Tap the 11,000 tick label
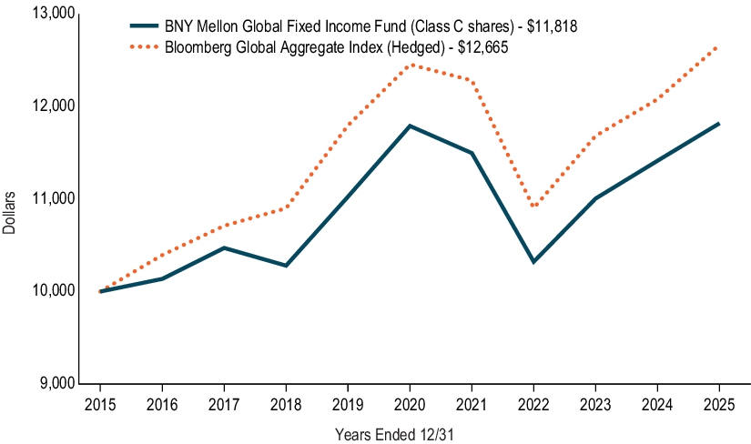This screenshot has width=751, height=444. tap(50, 198)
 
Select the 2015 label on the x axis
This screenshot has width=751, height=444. tap(99, 401)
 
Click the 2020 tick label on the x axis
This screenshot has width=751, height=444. tap(410, 401)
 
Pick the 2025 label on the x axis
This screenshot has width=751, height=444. tap(720, 401)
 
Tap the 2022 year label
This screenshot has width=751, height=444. tap(533, 401)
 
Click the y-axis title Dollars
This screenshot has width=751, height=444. tap(10, 212)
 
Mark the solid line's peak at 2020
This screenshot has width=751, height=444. tap(410, 126)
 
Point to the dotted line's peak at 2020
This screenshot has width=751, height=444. tap(410, 65)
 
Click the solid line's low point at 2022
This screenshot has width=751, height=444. tap(533, 262)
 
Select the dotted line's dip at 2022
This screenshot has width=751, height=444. tap(533, 207)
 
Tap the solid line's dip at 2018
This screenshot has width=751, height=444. tap(286, 266)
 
